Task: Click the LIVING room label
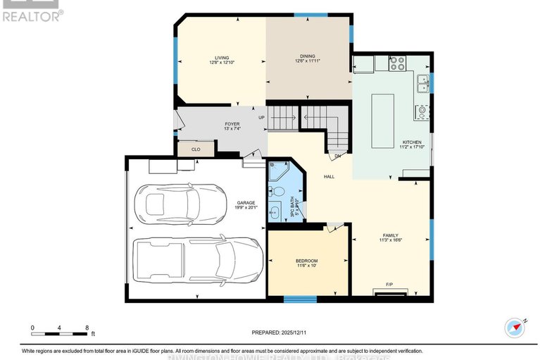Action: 222,58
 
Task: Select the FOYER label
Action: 213,125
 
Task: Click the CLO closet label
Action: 196,149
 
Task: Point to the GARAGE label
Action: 246,204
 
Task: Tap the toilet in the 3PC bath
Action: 278,191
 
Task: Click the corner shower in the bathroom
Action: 280,171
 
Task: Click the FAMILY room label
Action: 391,235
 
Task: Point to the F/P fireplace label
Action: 389,285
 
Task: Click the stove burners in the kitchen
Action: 398,64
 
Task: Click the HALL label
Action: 329,177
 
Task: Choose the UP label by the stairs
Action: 261,118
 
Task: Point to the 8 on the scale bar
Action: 86,328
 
